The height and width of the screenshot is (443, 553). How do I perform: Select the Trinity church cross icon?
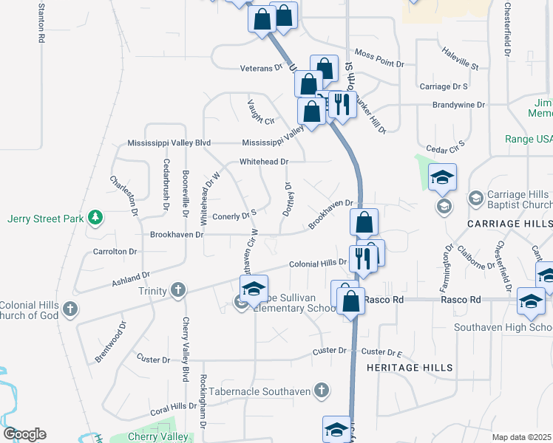coord(178,290)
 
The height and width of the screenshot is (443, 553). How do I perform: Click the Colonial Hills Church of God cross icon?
coord(70,309)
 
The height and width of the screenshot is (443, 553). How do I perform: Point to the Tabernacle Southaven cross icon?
coord(321,390)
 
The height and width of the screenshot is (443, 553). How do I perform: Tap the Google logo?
coord(24,434)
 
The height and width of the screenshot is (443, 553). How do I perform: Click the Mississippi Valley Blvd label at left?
coord(169,142)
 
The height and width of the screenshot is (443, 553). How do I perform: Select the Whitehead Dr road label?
coord(262,161)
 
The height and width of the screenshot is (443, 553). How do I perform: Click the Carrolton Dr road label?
coord(115,251)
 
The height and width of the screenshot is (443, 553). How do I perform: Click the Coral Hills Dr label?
coord(169,407)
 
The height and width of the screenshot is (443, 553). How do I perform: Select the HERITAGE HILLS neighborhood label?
coord(410,367)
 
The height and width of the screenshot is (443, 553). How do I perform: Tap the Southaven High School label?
coord(502,327)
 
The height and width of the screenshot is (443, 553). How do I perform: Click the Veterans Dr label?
coord(262,68)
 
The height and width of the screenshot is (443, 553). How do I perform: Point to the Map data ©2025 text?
coord(521,437)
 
